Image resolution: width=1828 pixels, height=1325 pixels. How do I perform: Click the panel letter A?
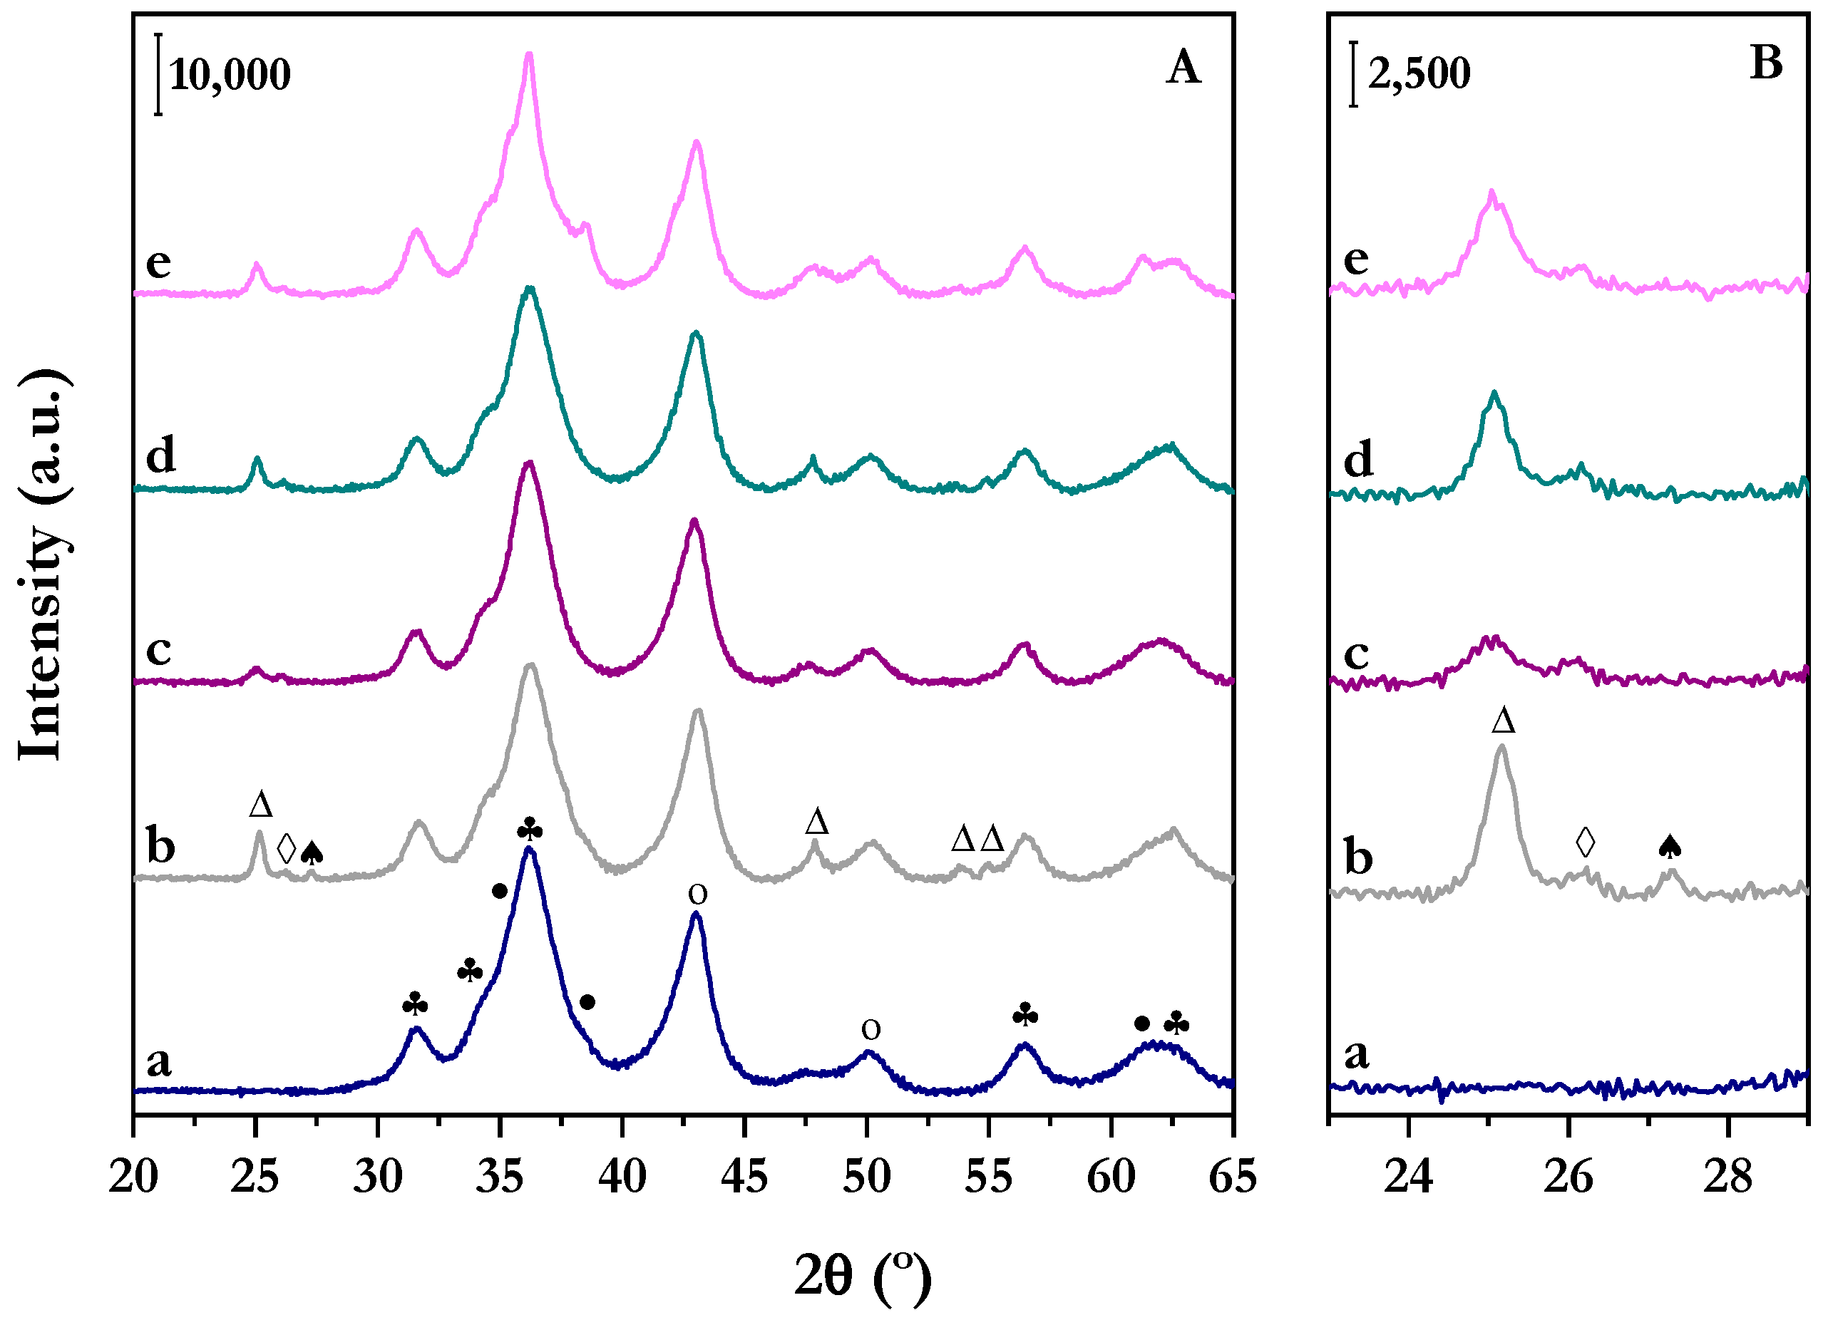[1182, 68]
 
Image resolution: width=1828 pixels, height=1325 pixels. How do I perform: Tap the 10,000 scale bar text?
[230, 75]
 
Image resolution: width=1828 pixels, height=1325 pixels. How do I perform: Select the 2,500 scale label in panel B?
[1419, 73]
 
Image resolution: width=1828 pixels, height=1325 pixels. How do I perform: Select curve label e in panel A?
[158, 262]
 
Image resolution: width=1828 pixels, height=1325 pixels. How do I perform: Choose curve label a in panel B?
[1357, 1053]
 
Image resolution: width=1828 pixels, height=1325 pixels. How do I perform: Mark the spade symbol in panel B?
[1670, 846]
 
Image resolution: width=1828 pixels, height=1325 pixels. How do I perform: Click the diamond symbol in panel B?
[1585, 842]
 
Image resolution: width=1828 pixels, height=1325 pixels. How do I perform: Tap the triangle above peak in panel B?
[1503, 721]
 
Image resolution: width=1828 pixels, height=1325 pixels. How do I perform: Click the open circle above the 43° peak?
[698, 894]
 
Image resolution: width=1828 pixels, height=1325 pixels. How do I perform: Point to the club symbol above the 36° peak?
[530, 830]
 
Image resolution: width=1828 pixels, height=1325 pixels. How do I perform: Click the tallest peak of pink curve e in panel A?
[529, 56]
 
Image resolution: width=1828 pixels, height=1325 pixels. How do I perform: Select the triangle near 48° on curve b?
[816, 822]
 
